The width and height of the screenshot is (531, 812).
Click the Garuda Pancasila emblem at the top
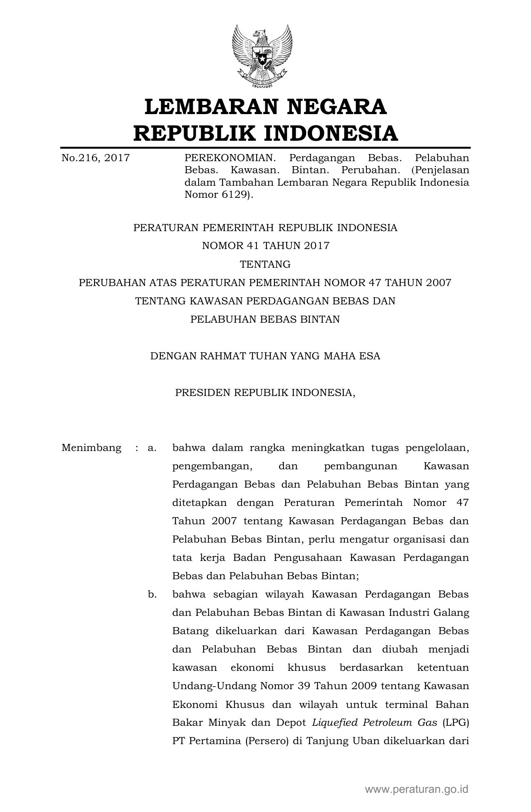click(x=262, y=56)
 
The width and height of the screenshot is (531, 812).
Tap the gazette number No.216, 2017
click(x=95, y=158)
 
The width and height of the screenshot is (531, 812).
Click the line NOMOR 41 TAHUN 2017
click(x=265, y=246)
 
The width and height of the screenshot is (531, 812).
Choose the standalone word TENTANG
click(x=265, y=264)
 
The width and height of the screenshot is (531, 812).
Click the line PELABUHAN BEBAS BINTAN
click(x=265, y=319)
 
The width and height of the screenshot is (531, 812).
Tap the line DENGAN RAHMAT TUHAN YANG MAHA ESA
click(x=265, y=356)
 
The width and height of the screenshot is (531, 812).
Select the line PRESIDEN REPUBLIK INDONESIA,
click(x=265, y=393)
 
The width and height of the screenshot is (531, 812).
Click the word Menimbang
click(x=91, y=448)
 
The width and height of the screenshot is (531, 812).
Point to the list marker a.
click(x=152, y=448)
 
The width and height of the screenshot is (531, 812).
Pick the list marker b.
click(x=152, y=594)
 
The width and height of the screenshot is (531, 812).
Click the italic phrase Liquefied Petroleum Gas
click(x=374, y=722)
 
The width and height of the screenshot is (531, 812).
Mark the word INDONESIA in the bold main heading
click(x=331, y=133)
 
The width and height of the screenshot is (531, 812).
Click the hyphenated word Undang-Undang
click(x=214, y=686)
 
